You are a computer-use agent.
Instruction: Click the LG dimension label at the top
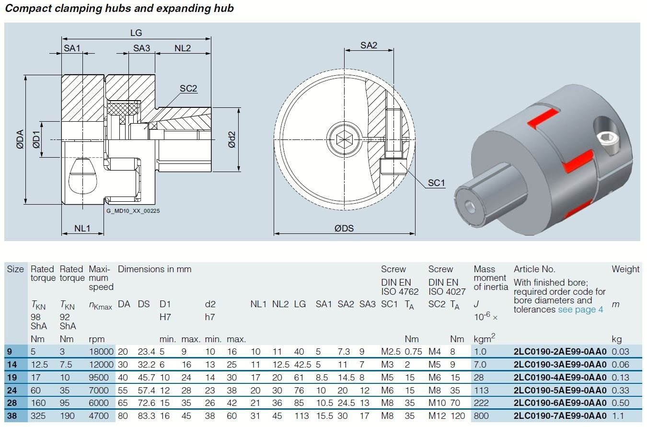click(x=136, y=33)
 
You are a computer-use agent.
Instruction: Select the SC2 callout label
click(x=188, y=89)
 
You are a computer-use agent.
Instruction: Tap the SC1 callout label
click(x=436, y=183)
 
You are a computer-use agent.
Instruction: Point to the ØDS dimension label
click(x=344, y=228)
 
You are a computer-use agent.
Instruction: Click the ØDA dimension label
click(x=20, y=139)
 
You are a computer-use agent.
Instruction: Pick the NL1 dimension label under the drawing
click(x=82, y=228)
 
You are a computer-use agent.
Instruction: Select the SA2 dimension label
click(x=369, y=46)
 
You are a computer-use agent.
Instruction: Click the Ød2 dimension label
click(x=232, y=139)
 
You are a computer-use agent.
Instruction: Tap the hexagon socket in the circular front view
click(x=344, y=139)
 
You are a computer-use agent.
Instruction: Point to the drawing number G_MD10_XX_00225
click(x=133, y=210)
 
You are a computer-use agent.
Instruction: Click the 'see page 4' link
click(x=580, y=310)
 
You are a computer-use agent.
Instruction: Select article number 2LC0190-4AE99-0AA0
click(x=560, y=377)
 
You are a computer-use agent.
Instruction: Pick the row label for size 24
click(x=12, y=390)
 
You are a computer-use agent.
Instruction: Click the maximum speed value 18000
click(x=101, y=352)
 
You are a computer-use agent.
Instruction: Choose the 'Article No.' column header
click(x=534, y=269)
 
